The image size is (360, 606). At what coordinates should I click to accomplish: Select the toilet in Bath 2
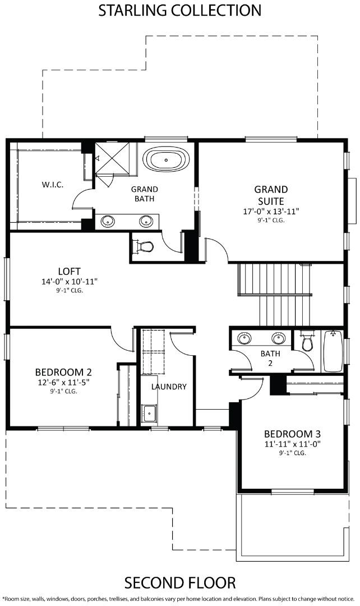(x=307, y=342)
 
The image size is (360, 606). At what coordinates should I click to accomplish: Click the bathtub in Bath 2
(x=333, y=351)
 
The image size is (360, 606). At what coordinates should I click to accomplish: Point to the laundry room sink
(x=149, y=414)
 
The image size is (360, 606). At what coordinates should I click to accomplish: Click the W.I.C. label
(x=53, y=185)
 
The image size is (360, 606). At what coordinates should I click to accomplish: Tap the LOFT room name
(x=69, y=272)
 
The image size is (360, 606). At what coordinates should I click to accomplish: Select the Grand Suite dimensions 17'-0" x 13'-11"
(x=271, y=212)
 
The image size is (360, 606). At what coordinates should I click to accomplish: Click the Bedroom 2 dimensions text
(x=63, y=383)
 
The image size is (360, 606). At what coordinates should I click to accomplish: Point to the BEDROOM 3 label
(x=292, y=434)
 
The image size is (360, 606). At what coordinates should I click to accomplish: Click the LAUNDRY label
(x=169, y=387)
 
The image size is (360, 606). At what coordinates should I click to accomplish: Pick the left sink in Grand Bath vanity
(x=108, y=221)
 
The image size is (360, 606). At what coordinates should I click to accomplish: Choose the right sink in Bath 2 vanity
(x=278, y=338)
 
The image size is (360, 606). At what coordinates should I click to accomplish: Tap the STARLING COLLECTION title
(x=179, y=11)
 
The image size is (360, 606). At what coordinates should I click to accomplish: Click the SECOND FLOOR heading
(x=180, y=582)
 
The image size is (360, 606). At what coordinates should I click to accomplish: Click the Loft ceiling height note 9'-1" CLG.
(x=70, y=290)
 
